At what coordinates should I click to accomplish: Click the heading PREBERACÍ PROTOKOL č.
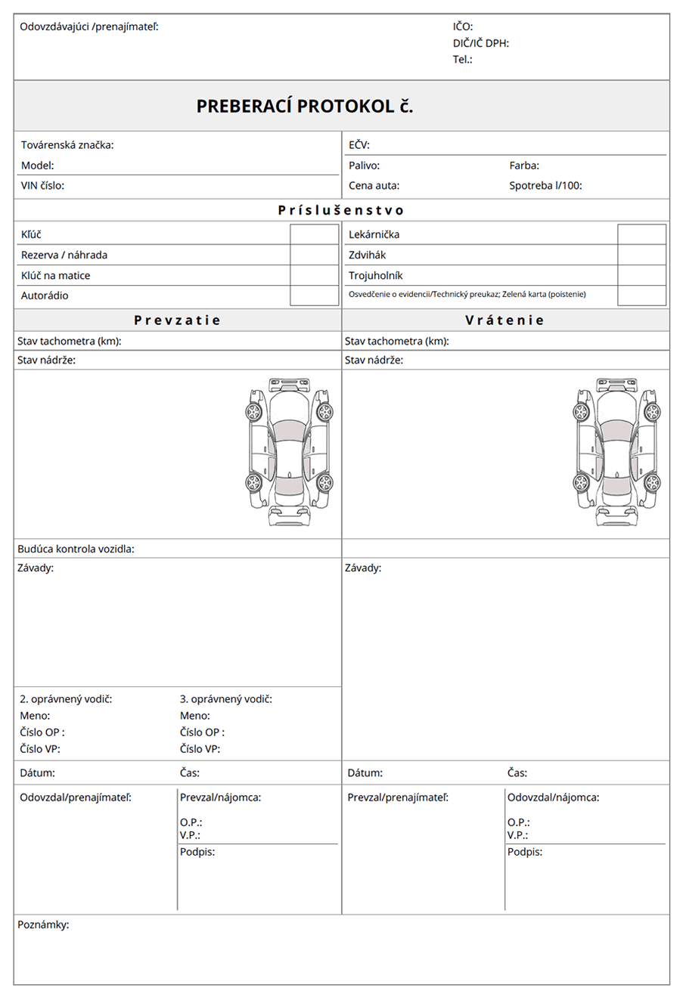point(305,107)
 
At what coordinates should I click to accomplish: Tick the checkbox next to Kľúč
point(314,234)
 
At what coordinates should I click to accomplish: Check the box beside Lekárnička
point(641,234)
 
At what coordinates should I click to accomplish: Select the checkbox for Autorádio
point(314,296)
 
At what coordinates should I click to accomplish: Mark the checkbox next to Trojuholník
point(641,275)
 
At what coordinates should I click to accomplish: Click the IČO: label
point(463,27)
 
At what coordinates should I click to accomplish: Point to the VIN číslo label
point(42,185)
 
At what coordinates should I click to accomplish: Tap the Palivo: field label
point(364,166)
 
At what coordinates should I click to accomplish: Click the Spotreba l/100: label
point(545,185)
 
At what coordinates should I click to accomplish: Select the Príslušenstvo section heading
point(341,210)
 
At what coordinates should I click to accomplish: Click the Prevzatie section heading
point(177,320)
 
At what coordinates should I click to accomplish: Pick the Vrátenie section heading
point(504,320)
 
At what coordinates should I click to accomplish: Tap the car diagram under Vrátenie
point(616,453)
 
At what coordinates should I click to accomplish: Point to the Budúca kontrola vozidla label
point(76,549)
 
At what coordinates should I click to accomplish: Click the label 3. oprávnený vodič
point(225,699)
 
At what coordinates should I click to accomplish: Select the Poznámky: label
point(43,924)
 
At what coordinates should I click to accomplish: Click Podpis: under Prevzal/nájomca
point(197,852)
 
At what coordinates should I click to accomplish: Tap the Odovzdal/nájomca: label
point(553,797)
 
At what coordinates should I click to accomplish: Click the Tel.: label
point(462,59)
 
